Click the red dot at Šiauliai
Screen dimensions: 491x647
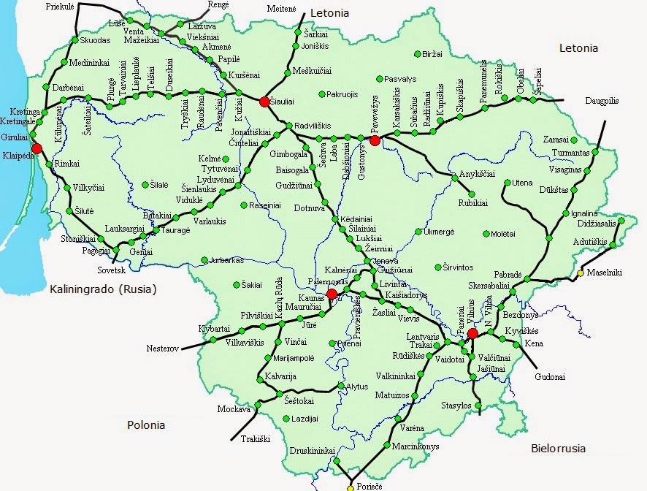[264, 102]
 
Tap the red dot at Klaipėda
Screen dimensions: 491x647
[37, 148]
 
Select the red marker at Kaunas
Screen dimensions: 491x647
[332, 294]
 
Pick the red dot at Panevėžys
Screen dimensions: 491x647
[375, 140]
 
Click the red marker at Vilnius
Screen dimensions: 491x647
[472, 333]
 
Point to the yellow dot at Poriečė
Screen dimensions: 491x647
[350, 487]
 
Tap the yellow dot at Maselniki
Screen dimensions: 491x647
[581, 273]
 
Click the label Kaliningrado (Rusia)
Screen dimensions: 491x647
[103, 289]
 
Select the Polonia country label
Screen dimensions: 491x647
[146, 425]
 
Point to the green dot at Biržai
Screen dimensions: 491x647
[417, 53]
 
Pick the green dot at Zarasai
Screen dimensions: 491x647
[574, 140]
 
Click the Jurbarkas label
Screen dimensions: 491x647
[229, 259]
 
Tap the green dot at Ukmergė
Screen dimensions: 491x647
[418, 232]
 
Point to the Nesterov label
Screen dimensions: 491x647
[163, 349]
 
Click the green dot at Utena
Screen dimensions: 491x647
[510, 183]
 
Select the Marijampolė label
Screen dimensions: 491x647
[293, 358]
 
